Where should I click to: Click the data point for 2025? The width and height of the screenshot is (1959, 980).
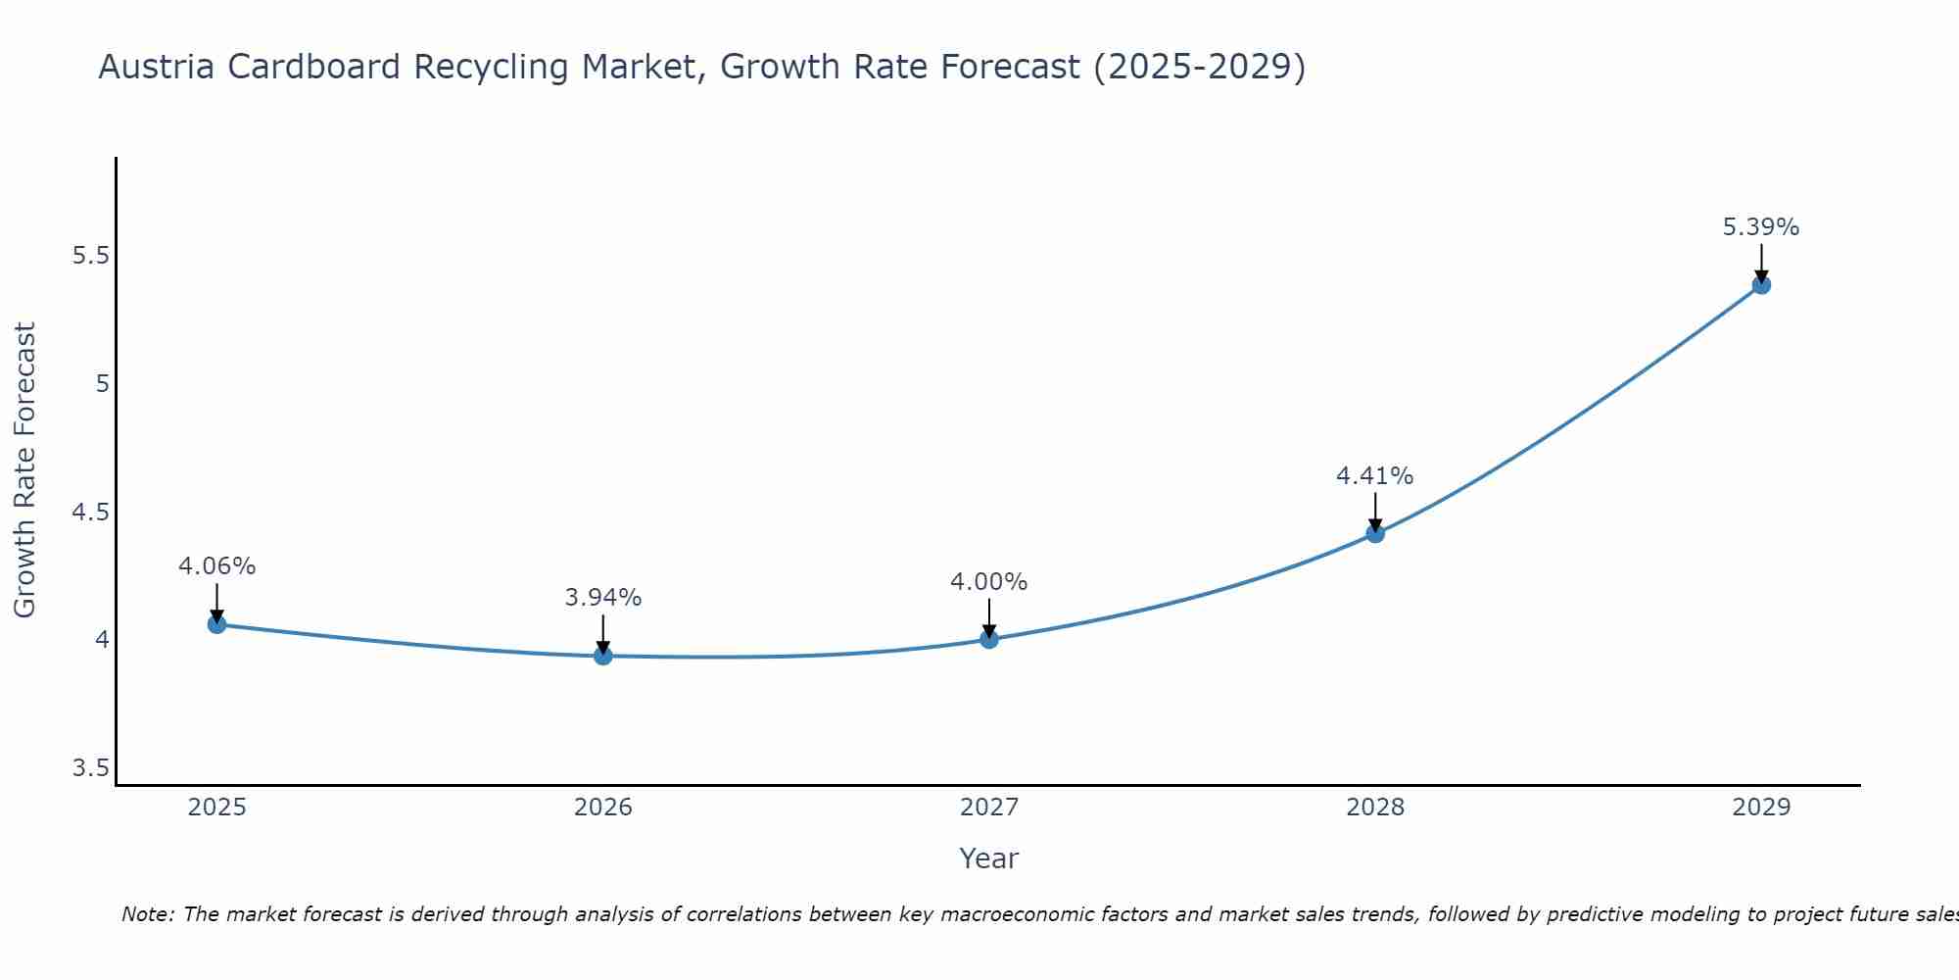(x=217, y=624)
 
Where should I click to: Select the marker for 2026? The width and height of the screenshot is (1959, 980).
(x=603, y=656)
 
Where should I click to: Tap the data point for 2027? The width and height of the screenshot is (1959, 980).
(x=989, y=640)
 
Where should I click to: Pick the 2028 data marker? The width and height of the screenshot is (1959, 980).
(x=1375, y=534)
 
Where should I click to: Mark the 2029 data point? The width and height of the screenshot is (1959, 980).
(x=1761, y=285)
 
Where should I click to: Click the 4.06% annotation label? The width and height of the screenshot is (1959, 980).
(x=217, y=566)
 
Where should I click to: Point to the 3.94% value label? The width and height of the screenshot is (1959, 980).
(x=603, y=598)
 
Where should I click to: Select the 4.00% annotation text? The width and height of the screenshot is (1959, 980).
(x=989, y=582)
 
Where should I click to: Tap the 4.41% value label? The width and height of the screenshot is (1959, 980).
(x=1375, y=476)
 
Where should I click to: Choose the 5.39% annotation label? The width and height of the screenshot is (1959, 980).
(x=1761, y=227)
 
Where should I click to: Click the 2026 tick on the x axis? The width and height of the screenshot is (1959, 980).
(x=603, y=808)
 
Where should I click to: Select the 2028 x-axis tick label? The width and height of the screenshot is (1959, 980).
(x=1375, y=808)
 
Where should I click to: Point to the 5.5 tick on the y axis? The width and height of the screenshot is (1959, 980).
(x=90, y=256)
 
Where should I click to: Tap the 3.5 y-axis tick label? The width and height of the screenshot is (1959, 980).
(x=90, y=768)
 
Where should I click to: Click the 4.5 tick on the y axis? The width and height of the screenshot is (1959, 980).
(x=90, y=513)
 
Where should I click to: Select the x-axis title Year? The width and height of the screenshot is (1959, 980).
(x=989, y=858)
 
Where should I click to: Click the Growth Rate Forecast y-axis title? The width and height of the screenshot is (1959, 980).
(x=25, y=470)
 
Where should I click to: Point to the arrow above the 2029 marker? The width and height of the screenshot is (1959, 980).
(x=1761, y=262)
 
